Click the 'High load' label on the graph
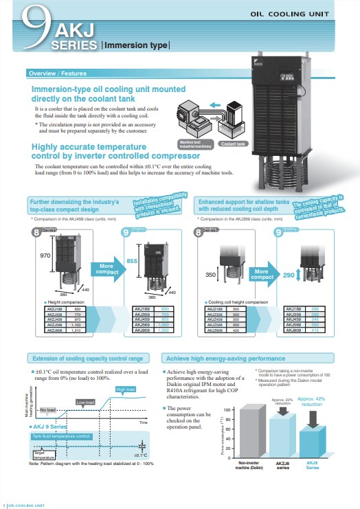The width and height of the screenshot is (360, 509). coord(126,389)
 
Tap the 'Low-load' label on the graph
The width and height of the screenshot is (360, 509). coord(85,402)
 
